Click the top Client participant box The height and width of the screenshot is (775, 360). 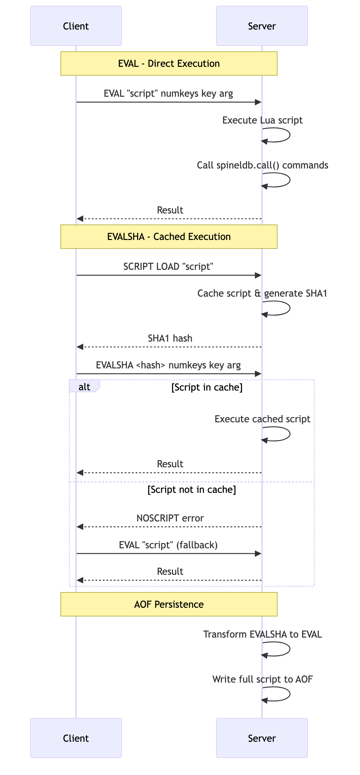point(76,26)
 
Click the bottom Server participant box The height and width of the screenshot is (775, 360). point(262,738)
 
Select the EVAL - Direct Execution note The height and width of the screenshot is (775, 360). point(169,63)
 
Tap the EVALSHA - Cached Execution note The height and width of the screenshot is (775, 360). point(169,237)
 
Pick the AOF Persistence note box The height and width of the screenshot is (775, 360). point(169,604)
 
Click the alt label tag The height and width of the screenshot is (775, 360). point(84,387)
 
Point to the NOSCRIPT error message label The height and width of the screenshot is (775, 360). point(170,518)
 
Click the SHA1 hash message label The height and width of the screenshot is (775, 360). point(170,338)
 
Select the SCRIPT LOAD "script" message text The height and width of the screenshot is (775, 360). point(168,266)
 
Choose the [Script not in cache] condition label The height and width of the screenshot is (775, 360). point(192,489)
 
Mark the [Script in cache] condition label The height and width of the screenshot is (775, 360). point(207,387)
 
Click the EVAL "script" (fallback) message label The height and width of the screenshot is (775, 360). point(168,545)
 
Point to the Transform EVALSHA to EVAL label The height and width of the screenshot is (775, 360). point(263,634)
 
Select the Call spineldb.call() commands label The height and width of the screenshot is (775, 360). point(263,165)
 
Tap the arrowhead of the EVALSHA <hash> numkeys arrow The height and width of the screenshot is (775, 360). point(258,374)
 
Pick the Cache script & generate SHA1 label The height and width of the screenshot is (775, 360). point(262,293)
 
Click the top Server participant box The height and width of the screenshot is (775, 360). point(262,26)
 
